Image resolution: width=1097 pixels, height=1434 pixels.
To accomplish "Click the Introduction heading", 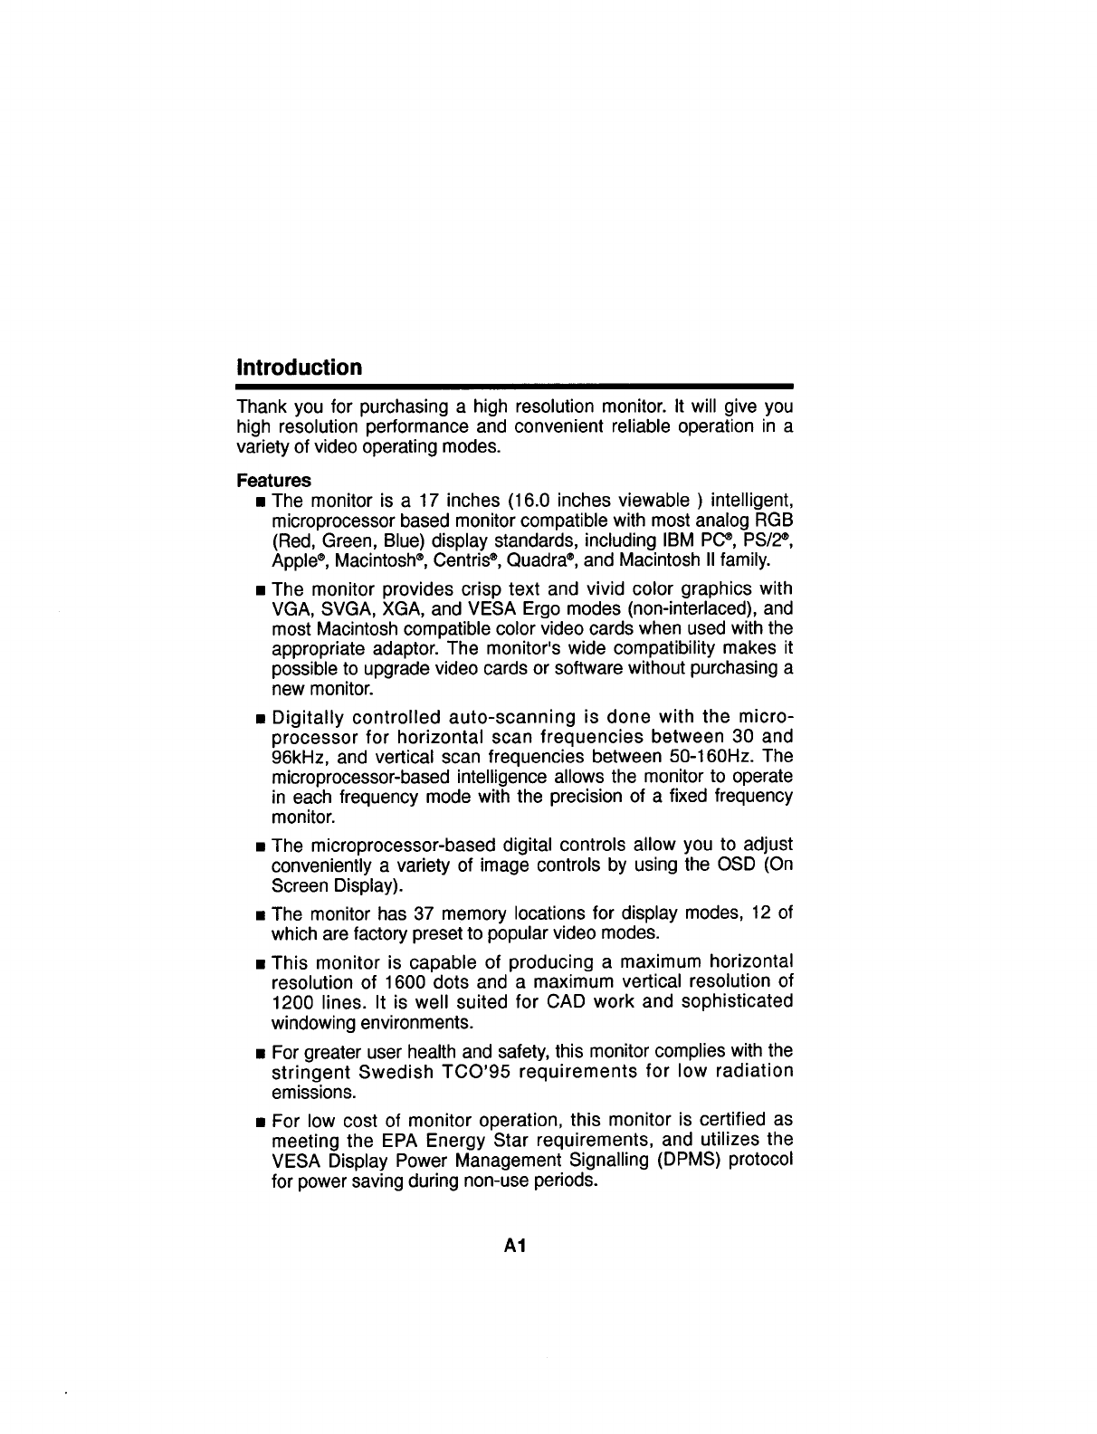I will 299,368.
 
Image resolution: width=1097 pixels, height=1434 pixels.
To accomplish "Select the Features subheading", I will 273,480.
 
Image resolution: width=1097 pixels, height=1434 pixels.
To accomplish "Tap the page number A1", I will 516,1246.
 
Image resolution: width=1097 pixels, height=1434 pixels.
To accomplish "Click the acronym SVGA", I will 340,608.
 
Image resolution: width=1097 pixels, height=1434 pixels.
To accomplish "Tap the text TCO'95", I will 501,1072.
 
